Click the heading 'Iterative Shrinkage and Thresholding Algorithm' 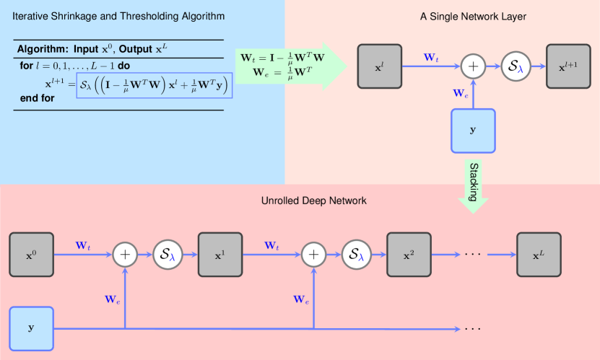(x=118, y=16)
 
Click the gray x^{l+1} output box (x=568, y=67)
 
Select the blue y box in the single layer (x=473, y=131)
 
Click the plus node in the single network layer (x=474, y=67)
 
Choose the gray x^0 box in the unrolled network (x=30, y=255)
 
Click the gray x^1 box (x=219, y=255)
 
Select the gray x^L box (x=539, y=255)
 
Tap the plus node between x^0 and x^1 (x=126, y=255)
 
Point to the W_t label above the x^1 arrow (x=271, y=245)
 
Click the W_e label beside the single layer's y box (x=459, y=92)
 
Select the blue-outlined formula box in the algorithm (x=155, y=84)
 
